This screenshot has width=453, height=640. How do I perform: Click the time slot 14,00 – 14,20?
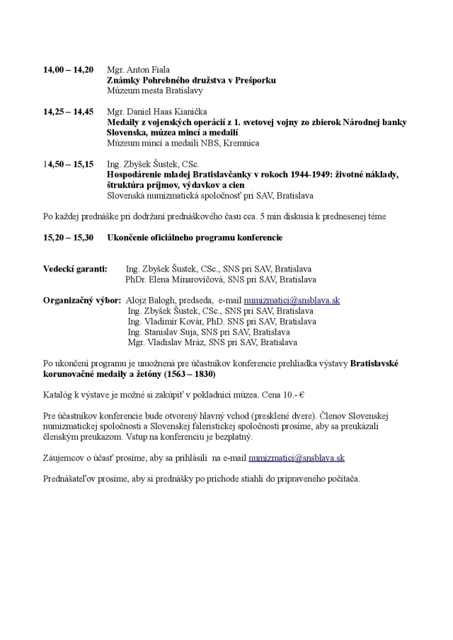[x=68, y=70]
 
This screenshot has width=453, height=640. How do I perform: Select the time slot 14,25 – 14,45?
[x=68, y=112]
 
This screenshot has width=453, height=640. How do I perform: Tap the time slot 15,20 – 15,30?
[x=68, y=237]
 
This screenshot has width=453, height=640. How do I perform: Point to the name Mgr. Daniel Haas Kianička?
[x=151, y=112]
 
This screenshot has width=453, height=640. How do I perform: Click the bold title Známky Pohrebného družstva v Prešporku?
[x=191, y=81]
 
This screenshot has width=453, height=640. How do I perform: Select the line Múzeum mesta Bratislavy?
[x=154, y=91]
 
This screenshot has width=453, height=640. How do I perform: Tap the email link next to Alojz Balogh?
[x=292, y=300]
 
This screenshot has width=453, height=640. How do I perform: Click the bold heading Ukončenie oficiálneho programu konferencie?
[x=195, y=237]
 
